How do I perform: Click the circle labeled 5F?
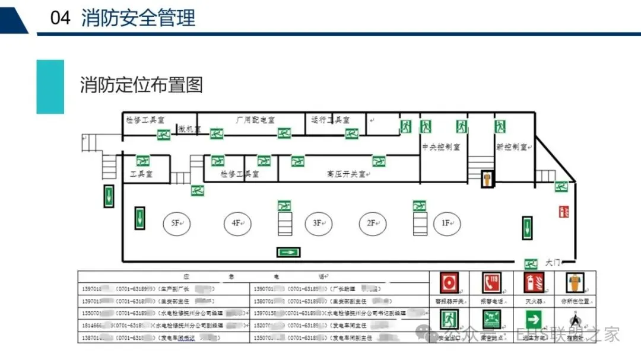point(176,223)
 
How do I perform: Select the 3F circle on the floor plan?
point(318,223)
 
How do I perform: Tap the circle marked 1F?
point(446,223)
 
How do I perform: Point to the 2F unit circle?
point(373,223)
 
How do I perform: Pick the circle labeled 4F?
point(237,223)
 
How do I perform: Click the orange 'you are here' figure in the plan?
point(487,179)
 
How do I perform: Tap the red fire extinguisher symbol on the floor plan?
point(564,211)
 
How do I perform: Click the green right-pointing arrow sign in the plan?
point(288,252)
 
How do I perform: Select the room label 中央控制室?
point(441,146)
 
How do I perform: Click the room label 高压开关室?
point(347,174)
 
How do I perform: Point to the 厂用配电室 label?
point(255,120)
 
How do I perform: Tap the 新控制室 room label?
point(512,146)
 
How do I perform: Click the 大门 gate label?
point(553,262)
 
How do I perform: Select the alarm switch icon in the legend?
point(449,282)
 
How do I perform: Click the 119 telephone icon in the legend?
point(491,282)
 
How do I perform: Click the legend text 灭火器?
point(532,301)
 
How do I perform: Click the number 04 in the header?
point(61,18)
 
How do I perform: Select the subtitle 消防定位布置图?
point(141,85)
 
